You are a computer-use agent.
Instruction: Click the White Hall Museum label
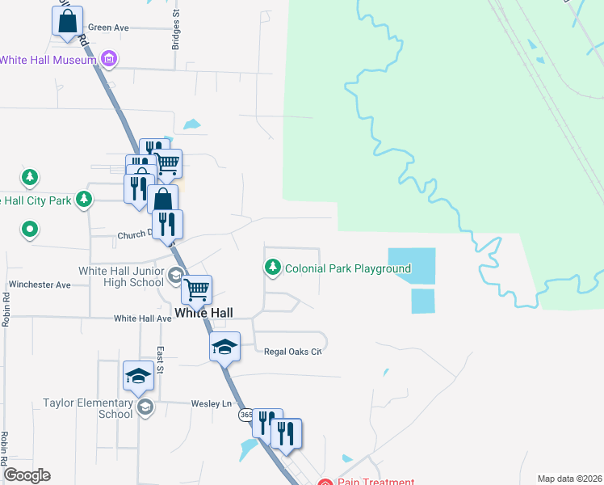48,59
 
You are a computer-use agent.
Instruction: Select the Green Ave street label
108,27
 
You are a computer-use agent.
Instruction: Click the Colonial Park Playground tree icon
273,267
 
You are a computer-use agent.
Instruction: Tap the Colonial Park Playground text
348,268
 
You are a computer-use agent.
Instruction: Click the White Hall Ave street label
143,318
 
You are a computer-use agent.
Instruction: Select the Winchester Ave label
40,285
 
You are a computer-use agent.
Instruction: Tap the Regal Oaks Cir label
293,352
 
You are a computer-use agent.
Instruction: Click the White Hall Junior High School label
121,276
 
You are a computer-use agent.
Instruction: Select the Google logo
26,475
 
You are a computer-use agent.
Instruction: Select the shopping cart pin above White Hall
197,289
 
